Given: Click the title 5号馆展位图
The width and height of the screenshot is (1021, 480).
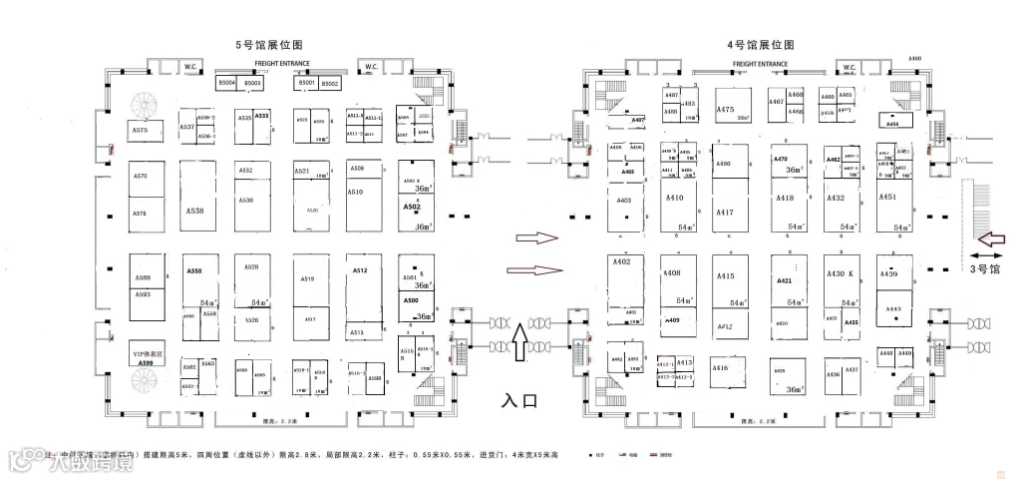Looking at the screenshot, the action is pos(268,45).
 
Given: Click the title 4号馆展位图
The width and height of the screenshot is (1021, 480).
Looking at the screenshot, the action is pos(761,45).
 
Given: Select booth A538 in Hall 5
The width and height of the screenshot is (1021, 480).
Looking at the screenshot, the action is pos(194,211).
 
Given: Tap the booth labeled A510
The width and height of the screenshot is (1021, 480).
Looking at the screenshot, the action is pos(354,192).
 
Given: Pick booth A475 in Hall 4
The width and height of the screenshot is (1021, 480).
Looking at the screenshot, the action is pos(726,110).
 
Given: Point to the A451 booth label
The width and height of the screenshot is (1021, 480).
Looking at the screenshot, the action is pos(887,198).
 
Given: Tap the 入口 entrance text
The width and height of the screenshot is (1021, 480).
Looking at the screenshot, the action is pos(519,401).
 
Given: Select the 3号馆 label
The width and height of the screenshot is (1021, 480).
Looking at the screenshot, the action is pos(985,268).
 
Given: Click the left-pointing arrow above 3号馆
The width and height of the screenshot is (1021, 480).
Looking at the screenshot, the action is pos(991,239).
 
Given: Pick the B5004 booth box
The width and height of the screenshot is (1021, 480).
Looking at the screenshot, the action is pos(227,84).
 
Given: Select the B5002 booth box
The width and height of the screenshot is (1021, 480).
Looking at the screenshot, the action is pos(330,84).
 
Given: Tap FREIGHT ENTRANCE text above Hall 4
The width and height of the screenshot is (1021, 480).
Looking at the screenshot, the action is pos(760,64).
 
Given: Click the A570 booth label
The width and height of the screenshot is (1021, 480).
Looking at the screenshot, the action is pos(140,177).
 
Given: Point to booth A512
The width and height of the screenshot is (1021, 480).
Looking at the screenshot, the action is pos(360,270).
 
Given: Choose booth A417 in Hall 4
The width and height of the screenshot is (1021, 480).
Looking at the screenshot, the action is pos(725,212).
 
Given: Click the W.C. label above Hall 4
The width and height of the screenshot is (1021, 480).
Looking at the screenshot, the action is pos(850,68).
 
